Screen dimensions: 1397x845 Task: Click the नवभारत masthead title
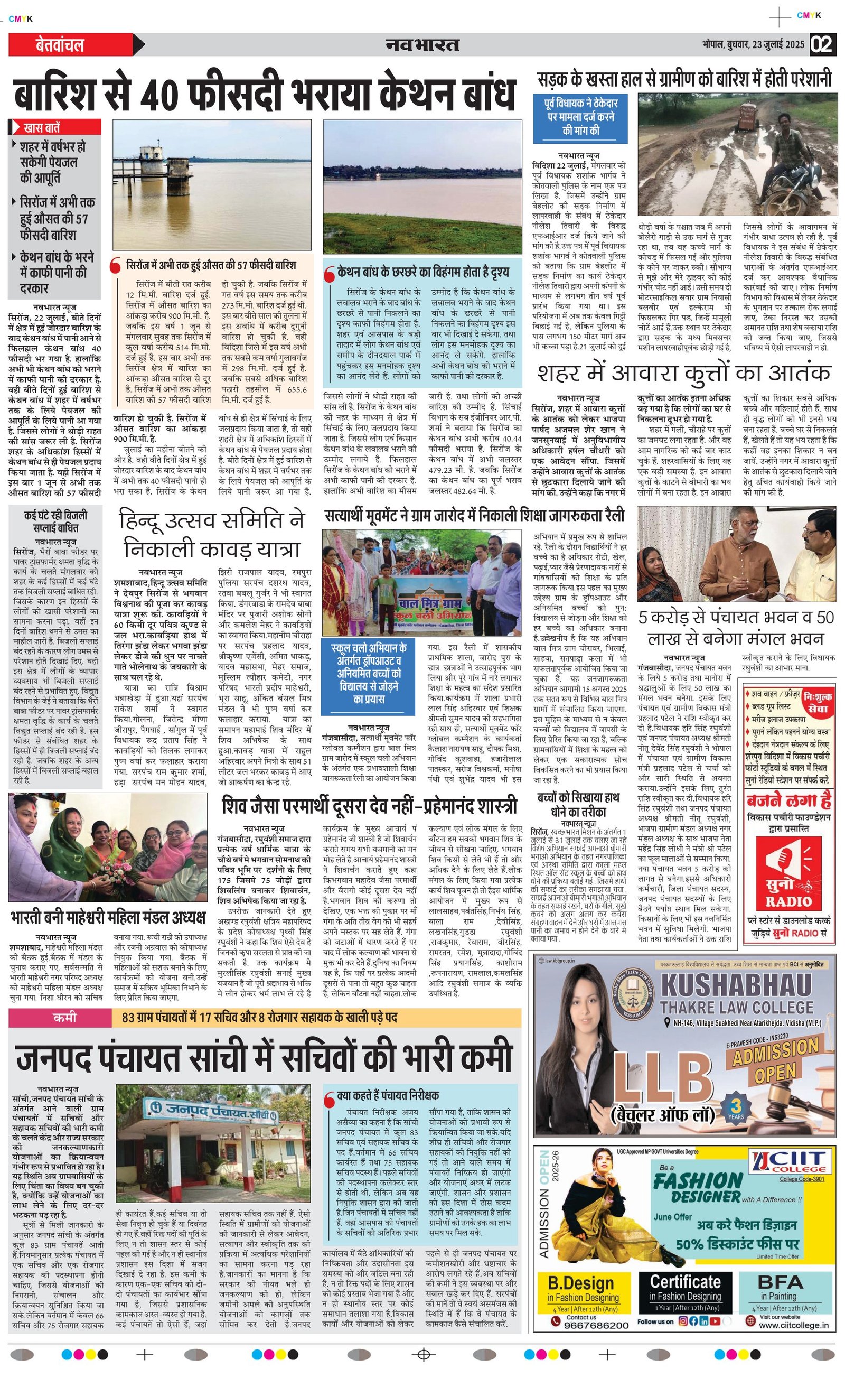coord(422,45)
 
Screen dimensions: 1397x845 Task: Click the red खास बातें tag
coord(55,127)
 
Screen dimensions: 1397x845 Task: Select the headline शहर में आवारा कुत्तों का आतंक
coord(684,374)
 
